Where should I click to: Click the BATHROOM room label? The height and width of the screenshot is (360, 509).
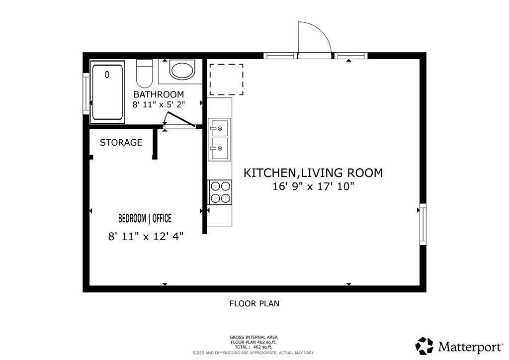159,94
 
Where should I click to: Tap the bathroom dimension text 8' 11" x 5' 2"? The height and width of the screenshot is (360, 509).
159,104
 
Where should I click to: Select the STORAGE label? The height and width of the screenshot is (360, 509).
121,143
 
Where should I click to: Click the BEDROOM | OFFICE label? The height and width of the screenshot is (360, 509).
145,218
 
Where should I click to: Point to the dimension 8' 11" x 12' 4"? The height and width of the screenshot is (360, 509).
146,237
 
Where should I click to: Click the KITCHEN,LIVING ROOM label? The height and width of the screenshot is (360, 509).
313,173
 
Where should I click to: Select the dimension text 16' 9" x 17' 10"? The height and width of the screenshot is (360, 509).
313,187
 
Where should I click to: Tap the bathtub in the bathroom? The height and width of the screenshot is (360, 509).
107,92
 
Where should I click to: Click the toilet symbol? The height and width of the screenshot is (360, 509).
145,73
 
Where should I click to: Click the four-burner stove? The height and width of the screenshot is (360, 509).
220,192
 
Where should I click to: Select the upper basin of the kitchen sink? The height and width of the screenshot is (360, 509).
219,128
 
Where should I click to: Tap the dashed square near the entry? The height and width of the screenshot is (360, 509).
226,80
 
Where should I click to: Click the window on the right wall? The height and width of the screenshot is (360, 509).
423,224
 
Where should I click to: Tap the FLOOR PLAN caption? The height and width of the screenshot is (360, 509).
254,303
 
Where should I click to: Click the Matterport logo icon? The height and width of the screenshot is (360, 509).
424,346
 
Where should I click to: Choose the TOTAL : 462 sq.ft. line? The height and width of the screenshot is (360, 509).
254,347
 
